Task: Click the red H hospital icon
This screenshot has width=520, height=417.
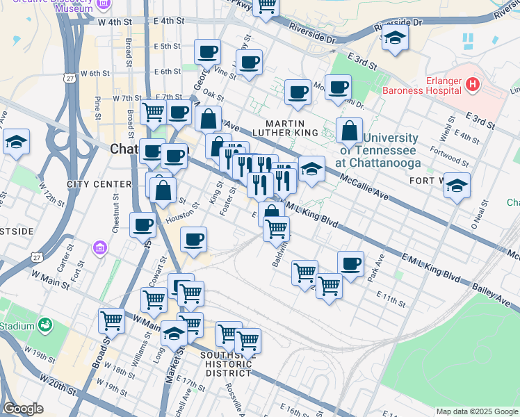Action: [473, 85]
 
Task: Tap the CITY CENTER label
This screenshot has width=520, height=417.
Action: [99, 184]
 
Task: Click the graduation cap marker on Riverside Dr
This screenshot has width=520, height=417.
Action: [395, 38]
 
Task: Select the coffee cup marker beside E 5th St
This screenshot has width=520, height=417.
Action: [207, 51]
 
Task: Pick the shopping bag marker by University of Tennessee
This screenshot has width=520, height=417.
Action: [349, 130]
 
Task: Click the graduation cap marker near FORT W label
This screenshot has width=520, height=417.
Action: [457, 185]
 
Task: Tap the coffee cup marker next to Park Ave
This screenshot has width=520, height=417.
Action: [350, 263]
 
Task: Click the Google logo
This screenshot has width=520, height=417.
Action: [24, 409]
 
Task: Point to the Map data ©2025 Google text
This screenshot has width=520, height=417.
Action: [476, 411]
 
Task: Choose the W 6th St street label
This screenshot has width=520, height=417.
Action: [95, 73]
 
